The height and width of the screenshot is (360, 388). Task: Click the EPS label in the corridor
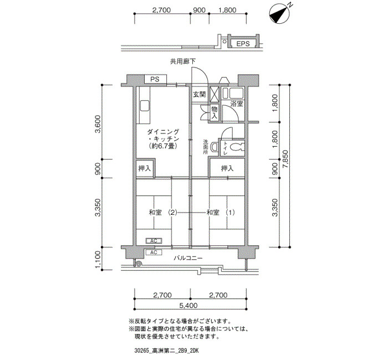click(243, 44)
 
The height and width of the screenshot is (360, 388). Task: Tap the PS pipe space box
click(155, 79)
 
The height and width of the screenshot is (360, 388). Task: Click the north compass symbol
click(279, 13)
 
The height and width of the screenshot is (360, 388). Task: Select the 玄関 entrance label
click(200, 94)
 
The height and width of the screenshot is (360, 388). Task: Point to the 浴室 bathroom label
click(237, 104)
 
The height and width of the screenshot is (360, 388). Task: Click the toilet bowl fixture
click(237, 148)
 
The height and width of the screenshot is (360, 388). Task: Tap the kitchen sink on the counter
click(144, 106)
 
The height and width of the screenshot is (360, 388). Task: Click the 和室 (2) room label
click(163, 212)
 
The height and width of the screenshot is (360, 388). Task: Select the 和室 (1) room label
click(221, 212)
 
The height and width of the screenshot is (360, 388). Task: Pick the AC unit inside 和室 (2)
click(154, 240)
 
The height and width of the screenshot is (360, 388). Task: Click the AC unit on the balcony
click(154, 253)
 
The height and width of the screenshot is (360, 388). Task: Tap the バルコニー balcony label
click(188, 259)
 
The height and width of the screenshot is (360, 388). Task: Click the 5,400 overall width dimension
click(188, 305)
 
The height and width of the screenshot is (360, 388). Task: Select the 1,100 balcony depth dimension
click(98, 259)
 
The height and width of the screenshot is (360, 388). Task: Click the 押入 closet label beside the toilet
click(227, 168)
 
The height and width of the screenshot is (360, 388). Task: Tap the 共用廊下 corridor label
click(182, 61)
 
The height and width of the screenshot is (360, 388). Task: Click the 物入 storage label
click(215, 112)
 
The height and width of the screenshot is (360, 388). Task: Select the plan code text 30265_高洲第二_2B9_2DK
click(167, 351)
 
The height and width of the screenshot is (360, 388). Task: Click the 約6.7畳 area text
click(163, 146)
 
